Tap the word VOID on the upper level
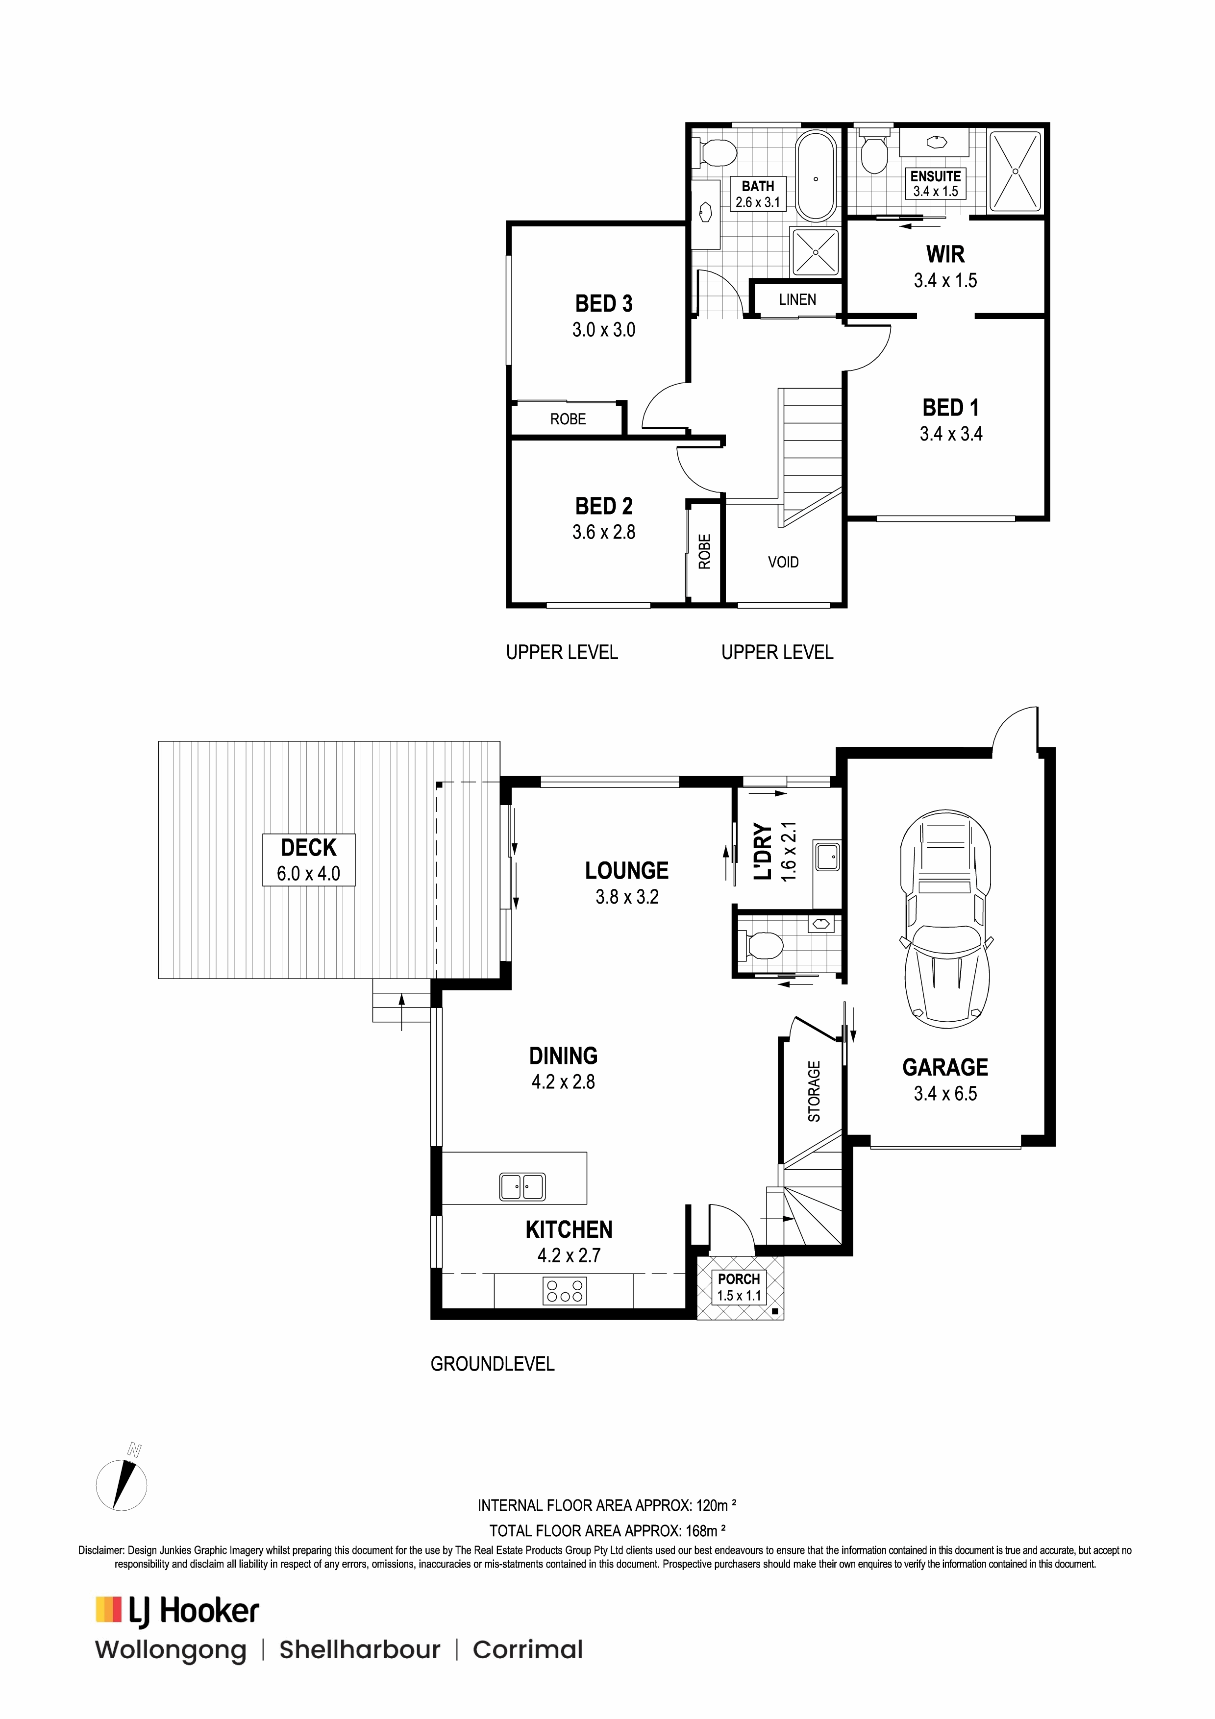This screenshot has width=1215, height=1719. click(783, 562)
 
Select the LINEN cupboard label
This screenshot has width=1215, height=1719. click(797, 299)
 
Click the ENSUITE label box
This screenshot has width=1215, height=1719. click(936, 183)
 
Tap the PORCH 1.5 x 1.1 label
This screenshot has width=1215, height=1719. click(739, 1287)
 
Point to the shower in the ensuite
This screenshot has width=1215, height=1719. click(1015, 171)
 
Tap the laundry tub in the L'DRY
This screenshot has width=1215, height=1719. click(827, 856)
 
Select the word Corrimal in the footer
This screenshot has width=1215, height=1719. click(528, 1671)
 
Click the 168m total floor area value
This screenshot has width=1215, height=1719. click(706, 1531)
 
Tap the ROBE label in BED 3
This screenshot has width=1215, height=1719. click(568, 419)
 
